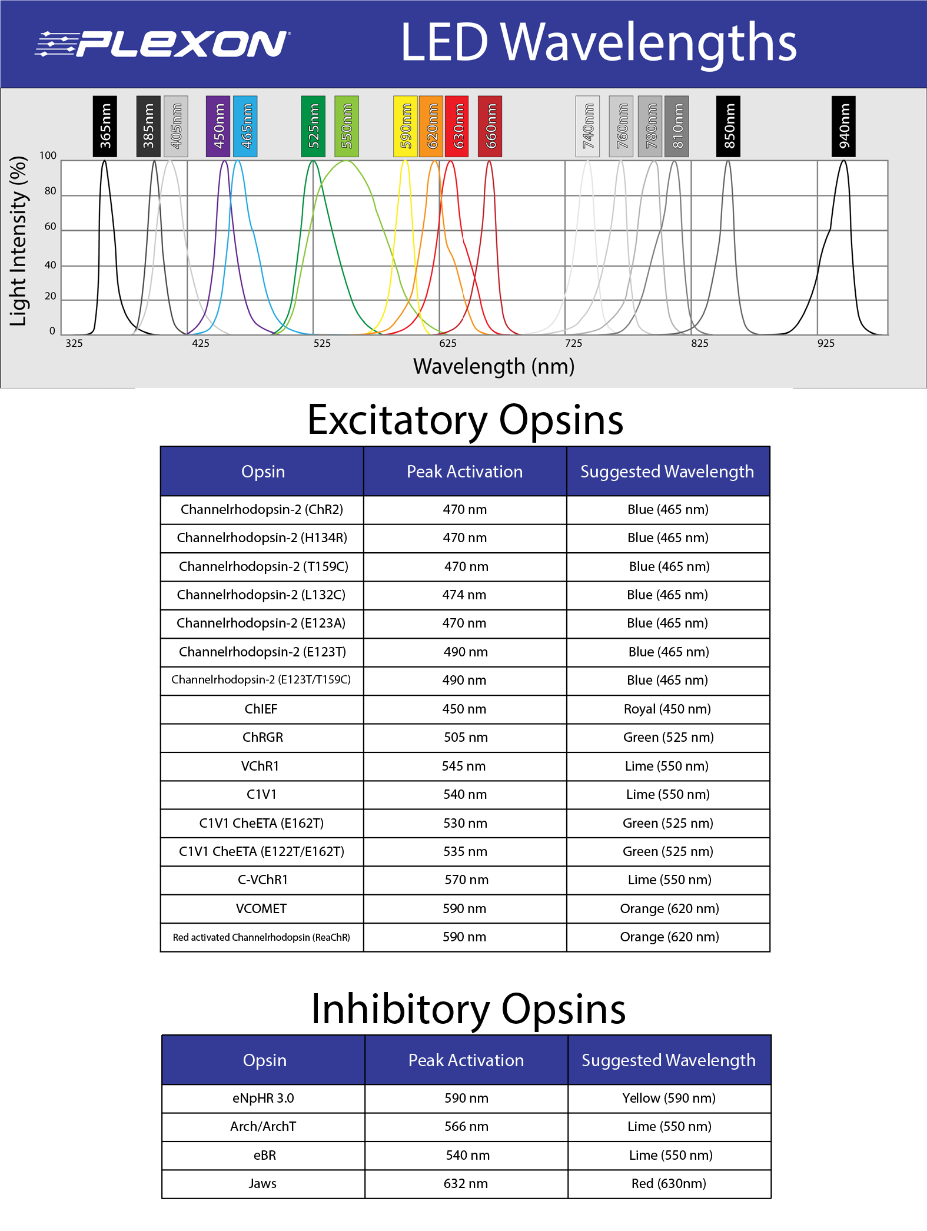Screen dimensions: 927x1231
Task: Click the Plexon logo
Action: [x=162, y=44]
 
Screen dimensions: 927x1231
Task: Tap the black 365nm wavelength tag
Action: [x=105, y=126]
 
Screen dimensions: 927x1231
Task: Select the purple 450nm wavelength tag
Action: [x=218, y=126]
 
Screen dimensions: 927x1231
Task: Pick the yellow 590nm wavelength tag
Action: [x=405, y=126]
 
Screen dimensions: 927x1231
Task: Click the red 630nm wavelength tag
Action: [x=457, y=126]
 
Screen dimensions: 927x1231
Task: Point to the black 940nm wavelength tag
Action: [x=843, y=126]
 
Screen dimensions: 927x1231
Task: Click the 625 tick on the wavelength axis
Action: [x=448, y=343]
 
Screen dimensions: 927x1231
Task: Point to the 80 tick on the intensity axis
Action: [x=51, y=191]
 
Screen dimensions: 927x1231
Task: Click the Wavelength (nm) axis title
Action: [x=494, y=366]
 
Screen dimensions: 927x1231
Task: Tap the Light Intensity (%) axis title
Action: [x=18, y=241]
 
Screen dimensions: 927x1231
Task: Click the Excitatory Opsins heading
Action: [x=465, y=420]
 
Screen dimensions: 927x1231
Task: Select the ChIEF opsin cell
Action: [x=261, y=709]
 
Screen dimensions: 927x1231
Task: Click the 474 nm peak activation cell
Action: [x=464, y=595]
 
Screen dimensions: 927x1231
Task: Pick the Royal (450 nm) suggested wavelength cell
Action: [x=667, y=709]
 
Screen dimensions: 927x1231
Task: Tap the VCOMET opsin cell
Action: [x=261, y=909]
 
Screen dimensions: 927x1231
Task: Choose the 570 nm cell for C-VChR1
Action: [x=466, y=880]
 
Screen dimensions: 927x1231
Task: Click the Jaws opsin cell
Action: [x=263, y=1184]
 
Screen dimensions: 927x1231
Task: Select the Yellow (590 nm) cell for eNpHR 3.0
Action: [x=669, y=1099]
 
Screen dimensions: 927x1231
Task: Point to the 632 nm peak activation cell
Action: [x=466, y=1184]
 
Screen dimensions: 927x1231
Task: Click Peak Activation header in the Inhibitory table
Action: [x=466, y=1060]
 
